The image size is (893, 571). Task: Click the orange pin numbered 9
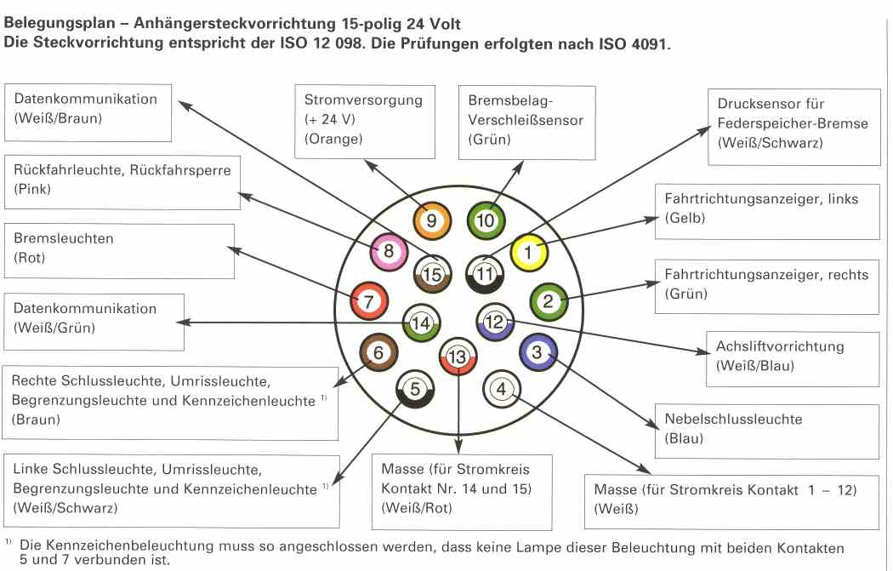point(430,221)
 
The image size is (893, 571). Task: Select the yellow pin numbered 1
point(528,252)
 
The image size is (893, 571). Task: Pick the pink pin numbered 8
point(389,252)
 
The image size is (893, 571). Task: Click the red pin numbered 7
point(368,301)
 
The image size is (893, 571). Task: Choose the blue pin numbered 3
point(537,351)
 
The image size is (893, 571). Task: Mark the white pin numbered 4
point(501,390)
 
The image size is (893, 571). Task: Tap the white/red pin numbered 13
point(458,357)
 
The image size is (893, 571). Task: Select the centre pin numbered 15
point(432,275)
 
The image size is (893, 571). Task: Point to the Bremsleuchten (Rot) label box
point(119,250)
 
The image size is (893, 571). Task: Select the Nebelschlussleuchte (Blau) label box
point(766,430)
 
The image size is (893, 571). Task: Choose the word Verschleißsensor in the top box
point(526,120)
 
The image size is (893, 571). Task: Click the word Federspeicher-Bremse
point(793,123)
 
